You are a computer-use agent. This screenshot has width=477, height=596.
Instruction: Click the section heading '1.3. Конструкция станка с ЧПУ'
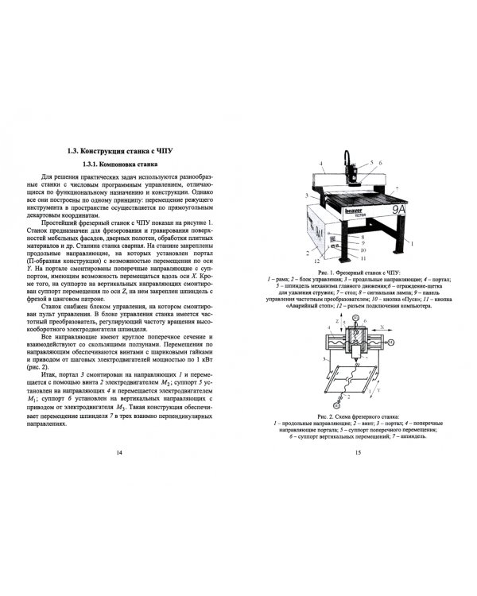point(119,150)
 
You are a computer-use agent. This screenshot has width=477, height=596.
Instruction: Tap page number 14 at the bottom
point(119,452)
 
